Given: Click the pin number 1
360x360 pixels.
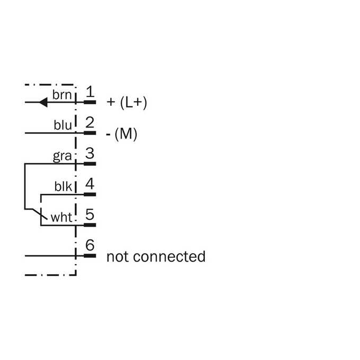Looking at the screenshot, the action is coord(90,92).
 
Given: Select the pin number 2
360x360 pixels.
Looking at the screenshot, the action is coord(90,122).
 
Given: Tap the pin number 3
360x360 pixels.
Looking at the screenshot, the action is coord(90,153).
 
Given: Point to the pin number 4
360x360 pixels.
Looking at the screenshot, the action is coord(90,184).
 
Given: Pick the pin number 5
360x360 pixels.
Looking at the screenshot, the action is coord(90,214).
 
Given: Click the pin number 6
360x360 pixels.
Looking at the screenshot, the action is coord(90,245).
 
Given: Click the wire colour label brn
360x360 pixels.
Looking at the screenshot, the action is coord(62,95).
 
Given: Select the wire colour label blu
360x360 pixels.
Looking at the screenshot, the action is coord(62,125).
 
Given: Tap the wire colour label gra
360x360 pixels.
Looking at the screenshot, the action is coord(62,157).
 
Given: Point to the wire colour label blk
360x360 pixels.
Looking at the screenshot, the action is coord(63,186).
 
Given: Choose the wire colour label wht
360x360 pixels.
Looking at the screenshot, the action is coord(61,217).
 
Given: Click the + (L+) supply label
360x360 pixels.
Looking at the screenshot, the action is coord(127,102).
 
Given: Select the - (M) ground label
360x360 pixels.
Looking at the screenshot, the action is coord(121,133).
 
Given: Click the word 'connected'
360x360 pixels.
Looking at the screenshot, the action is coord(169,256).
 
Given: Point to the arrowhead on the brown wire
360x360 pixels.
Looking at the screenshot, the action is coord(43,102).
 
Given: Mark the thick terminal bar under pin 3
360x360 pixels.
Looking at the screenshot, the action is coord(90,164).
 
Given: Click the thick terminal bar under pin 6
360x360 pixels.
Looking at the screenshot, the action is coord(90,256).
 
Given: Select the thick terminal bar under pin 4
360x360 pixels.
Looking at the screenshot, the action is coord(90,194).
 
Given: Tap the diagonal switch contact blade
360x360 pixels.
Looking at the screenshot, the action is coord(40,214).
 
